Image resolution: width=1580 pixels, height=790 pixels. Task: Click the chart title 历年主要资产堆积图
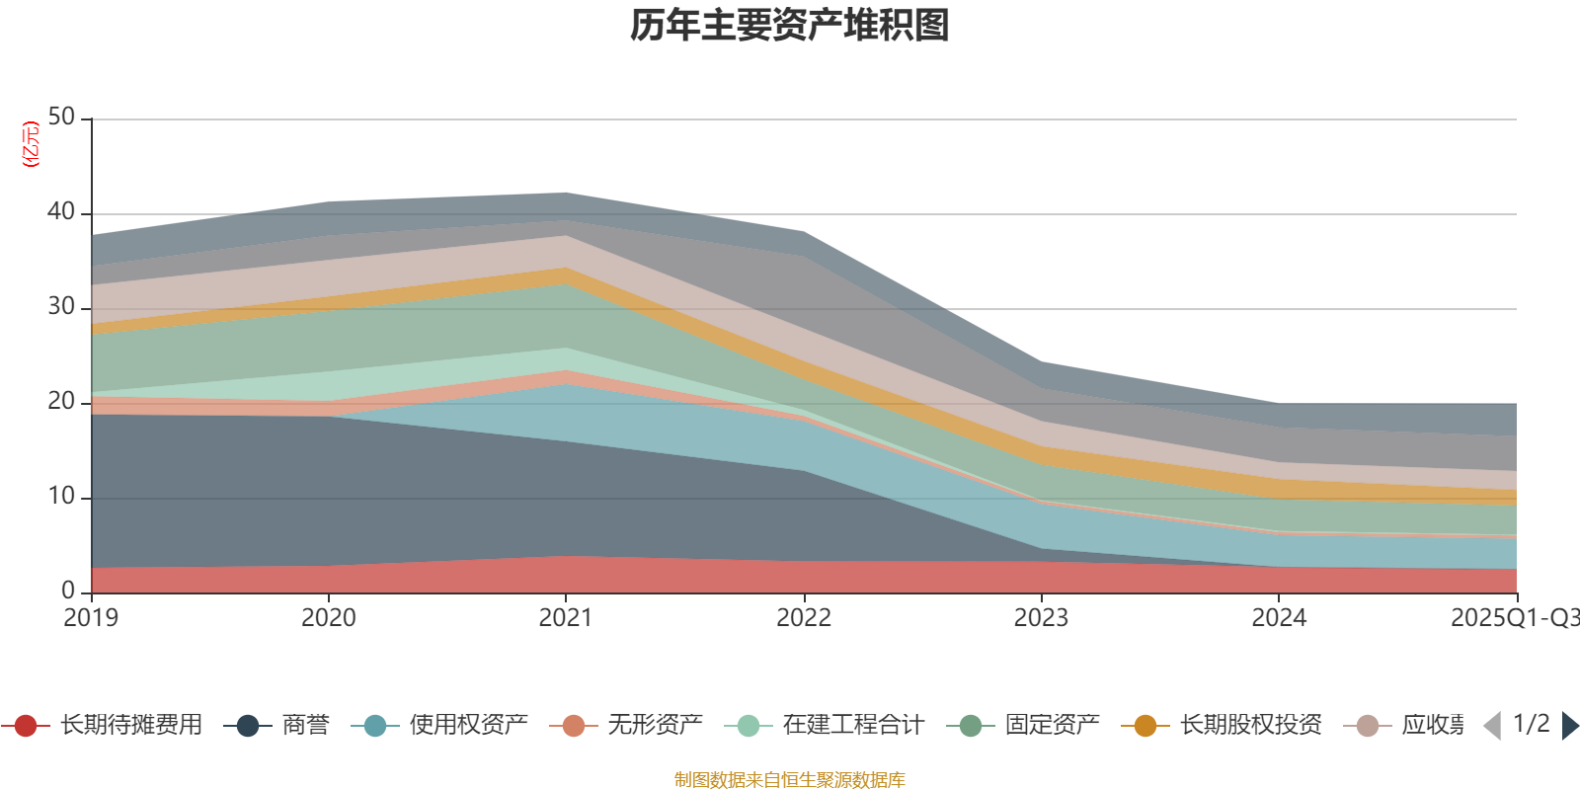[x=790, y=26]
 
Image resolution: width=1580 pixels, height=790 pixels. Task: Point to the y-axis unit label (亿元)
[x=31, y=144]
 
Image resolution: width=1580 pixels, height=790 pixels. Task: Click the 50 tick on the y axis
[x=61, y=118]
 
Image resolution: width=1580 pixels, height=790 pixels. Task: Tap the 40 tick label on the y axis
[x=61, y=212]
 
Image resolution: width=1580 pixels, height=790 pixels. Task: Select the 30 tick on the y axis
[x=61, y=307]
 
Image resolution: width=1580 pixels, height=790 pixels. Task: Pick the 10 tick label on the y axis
[x=61, y=497]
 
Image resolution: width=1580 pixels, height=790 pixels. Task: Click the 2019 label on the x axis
[x=91, y=618]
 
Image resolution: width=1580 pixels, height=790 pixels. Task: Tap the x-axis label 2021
[x=565, y=618]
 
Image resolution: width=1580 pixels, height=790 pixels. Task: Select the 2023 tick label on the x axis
[x=1041, y=618]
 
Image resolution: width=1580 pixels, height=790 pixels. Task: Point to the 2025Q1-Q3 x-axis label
[x=1513, y=618]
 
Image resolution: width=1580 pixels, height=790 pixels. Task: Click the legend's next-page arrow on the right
[x=1570, y=726]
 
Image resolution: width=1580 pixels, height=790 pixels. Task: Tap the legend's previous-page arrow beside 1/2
[x=1492, y=726]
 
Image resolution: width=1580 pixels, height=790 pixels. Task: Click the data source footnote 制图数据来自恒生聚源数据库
[x=790, y=780]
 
